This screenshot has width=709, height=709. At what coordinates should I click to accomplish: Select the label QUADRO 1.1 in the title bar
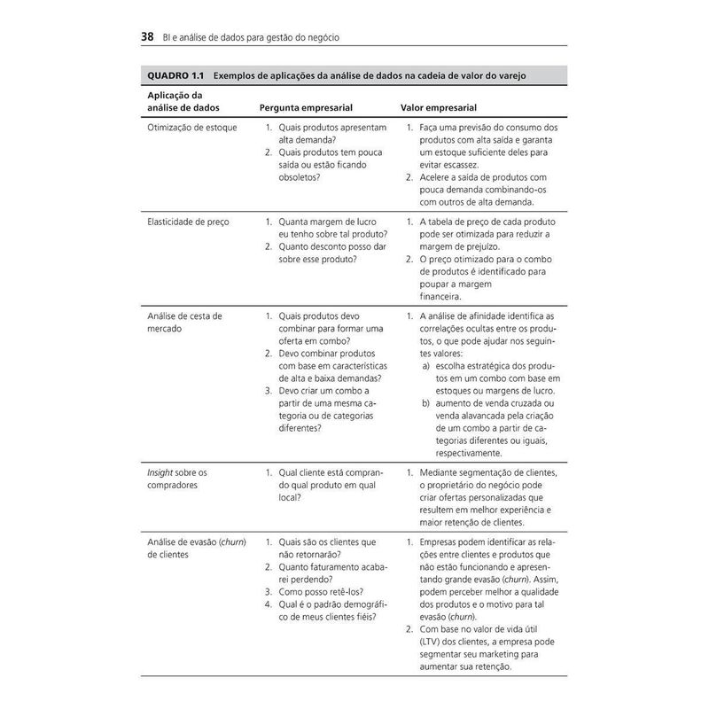(x=176, y=75)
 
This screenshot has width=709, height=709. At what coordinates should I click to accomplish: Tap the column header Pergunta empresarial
(x=306, y=107)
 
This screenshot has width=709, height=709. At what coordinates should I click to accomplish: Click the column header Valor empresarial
(x=440, y=107)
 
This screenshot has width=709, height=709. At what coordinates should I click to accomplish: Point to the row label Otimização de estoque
(x=191, y=129)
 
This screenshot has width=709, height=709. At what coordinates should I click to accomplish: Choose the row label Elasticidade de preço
(x=188, y=222)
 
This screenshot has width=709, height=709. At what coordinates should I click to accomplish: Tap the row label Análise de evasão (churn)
(x=197, y=541)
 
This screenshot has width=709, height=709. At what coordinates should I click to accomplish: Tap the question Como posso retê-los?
(x=322, y=591)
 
